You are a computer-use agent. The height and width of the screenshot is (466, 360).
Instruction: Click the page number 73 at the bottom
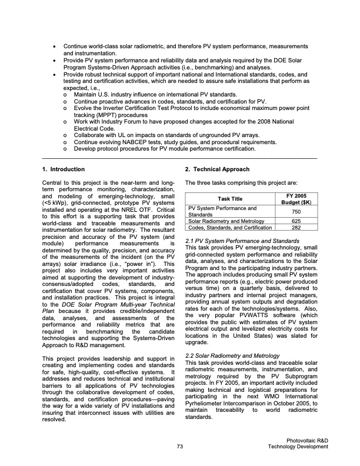point(180,447)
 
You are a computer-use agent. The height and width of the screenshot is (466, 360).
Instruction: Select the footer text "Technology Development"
point(297,447)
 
